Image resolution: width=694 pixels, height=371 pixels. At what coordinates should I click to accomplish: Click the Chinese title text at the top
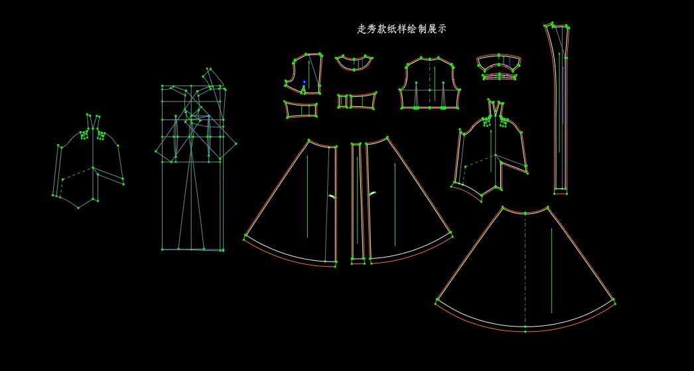click(401, 29)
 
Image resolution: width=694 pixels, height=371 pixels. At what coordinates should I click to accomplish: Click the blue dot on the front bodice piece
click(305, 82)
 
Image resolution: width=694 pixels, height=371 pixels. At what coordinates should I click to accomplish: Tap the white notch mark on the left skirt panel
click(332, 196)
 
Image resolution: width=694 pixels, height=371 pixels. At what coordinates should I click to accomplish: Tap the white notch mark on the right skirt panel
click(373, 193)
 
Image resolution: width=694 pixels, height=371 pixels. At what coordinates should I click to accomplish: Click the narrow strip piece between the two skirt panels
click(358, 202)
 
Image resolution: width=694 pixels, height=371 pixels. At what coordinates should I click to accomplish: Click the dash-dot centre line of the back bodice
click(429, 83)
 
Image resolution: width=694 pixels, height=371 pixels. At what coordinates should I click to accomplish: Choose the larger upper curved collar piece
click(499, 63)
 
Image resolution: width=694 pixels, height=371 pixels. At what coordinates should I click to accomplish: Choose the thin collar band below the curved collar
click(499, 77)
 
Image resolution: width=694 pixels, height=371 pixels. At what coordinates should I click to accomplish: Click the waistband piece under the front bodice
click(301, 110)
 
